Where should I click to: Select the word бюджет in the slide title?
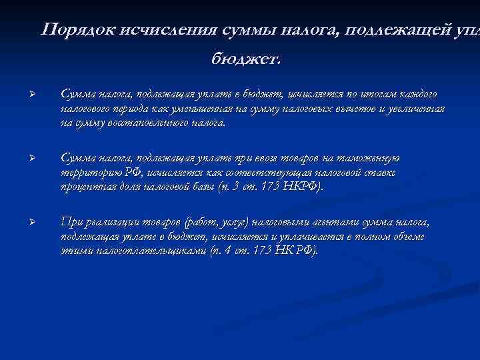tap(245, 59)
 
